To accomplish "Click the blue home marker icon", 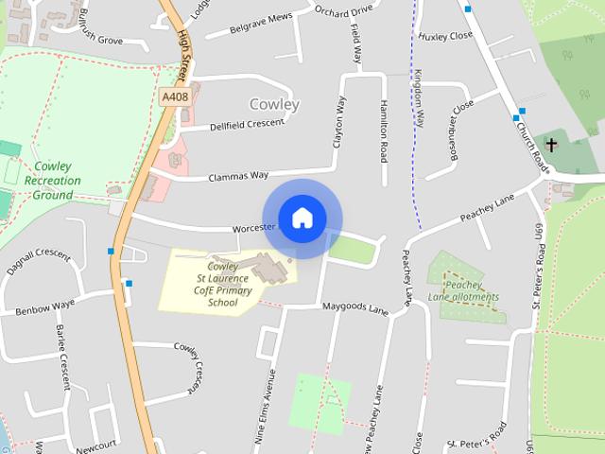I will (302, 218).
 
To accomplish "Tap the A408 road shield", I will (174, 96).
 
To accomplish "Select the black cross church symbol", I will (552, 146).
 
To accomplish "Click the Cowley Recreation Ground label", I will (48, 181).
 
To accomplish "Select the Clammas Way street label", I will (239, 175).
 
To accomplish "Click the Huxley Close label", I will (446, 36).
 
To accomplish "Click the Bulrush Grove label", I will (114, 42).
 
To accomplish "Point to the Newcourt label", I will (95, 442).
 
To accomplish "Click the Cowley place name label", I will (274, 104).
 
